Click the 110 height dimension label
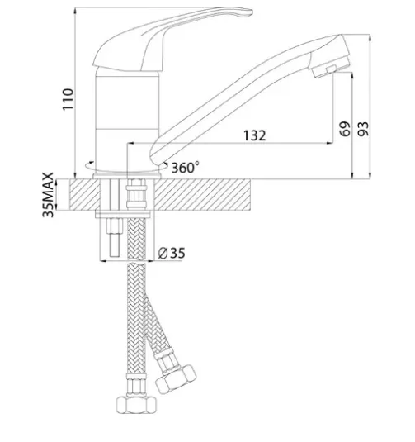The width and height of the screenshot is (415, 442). (x=68, y=99)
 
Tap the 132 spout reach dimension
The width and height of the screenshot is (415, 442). (x=254, y=135)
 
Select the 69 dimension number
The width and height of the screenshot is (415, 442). (x=345, y=129)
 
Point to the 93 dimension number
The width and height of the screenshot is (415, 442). (x=363, y=129)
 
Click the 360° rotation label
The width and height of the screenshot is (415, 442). (x=185, y=168)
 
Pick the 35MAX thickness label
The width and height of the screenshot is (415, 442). (x=48, y=195)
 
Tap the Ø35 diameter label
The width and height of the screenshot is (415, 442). (x=172, y=253)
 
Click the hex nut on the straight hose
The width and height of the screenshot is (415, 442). (x=136, y=405)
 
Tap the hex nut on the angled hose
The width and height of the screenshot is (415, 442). (x=176, y=379)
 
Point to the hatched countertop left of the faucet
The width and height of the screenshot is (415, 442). (x=85, y=195)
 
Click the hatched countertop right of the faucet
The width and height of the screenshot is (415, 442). (x=202, y=195)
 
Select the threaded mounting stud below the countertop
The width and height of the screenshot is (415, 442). (x=114, y=237)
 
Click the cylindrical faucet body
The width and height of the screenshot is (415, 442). (x=127, y=121)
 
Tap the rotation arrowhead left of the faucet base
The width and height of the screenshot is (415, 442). (x=92, y=163)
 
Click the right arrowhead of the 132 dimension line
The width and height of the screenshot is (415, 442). (x=329, y=143)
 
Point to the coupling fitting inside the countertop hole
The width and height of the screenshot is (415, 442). (x=136, y=194)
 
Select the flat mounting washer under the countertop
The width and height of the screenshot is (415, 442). (x=123, y=215)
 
